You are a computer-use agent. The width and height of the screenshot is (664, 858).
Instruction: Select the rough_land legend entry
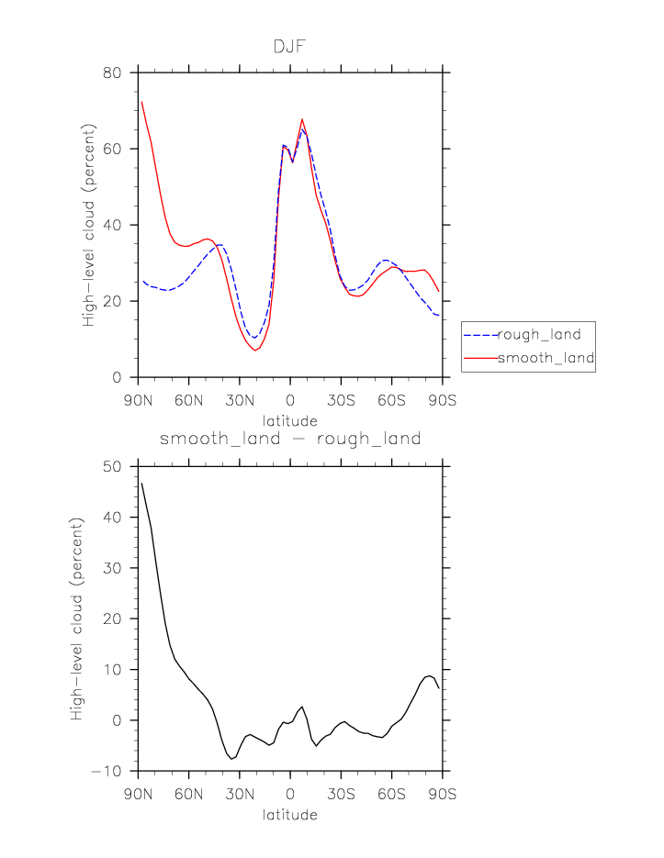coord(539,335)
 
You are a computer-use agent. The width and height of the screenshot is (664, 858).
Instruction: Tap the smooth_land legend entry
coord(546,358)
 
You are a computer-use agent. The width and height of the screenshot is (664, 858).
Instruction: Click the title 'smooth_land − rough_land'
coord(290,439)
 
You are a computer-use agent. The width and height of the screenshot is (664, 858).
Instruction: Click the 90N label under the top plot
coord(138,401)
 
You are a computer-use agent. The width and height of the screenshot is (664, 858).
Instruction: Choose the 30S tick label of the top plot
coord(341,401)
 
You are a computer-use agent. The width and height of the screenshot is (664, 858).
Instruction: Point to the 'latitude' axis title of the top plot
coord(290,420)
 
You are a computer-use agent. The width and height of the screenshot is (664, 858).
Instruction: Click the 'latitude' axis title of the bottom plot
coord(290,815)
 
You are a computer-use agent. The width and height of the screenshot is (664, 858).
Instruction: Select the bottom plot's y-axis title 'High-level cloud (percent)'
coord(77,619)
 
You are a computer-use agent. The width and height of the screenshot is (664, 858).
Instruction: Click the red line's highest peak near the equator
coord(301,119)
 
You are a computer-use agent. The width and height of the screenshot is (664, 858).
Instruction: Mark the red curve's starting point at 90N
coord(141,102)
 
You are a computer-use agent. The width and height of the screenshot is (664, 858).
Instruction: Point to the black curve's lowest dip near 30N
coord(232,759)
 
